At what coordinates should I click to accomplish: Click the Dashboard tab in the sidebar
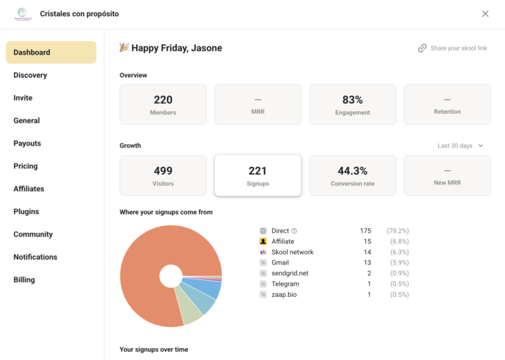51,52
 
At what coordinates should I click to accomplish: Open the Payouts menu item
27,143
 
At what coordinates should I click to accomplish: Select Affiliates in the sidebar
29,189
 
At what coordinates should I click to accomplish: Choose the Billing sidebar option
24,280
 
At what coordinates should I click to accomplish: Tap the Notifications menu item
36,257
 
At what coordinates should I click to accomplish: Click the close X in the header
485,14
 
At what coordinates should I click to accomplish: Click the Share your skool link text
459,48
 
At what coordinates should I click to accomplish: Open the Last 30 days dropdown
460,146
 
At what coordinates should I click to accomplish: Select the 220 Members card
163,105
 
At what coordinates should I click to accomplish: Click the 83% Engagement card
353,105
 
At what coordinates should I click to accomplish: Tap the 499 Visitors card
163,175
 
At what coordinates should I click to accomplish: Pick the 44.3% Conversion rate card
353,175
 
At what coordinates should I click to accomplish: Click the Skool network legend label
292,252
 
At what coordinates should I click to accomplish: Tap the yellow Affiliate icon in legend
263,241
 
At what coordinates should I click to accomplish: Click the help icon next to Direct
294,231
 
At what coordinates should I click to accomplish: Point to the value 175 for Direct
365,231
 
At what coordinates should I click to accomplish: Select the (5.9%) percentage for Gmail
399,262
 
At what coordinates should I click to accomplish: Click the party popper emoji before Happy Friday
124,48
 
